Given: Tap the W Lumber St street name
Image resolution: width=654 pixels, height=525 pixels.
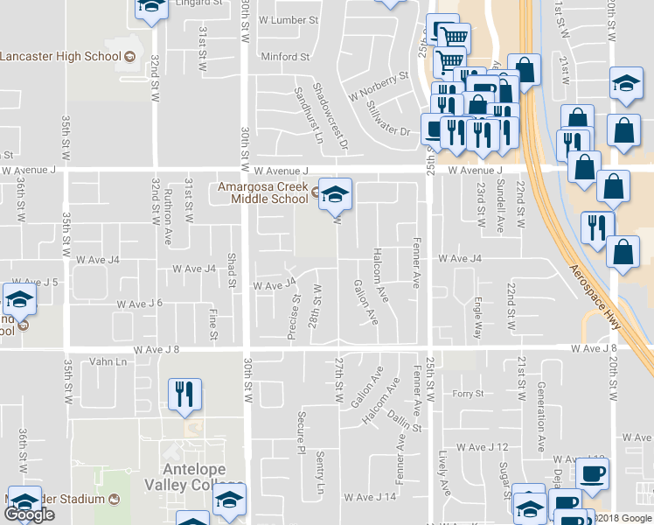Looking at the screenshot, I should point(289,19).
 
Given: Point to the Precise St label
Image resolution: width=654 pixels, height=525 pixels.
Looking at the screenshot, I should point(296,310).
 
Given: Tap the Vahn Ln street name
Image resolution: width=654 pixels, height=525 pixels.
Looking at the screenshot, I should point(108,361).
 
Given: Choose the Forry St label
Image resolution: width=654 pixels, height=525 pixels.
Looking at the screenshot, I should point(468,394).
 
